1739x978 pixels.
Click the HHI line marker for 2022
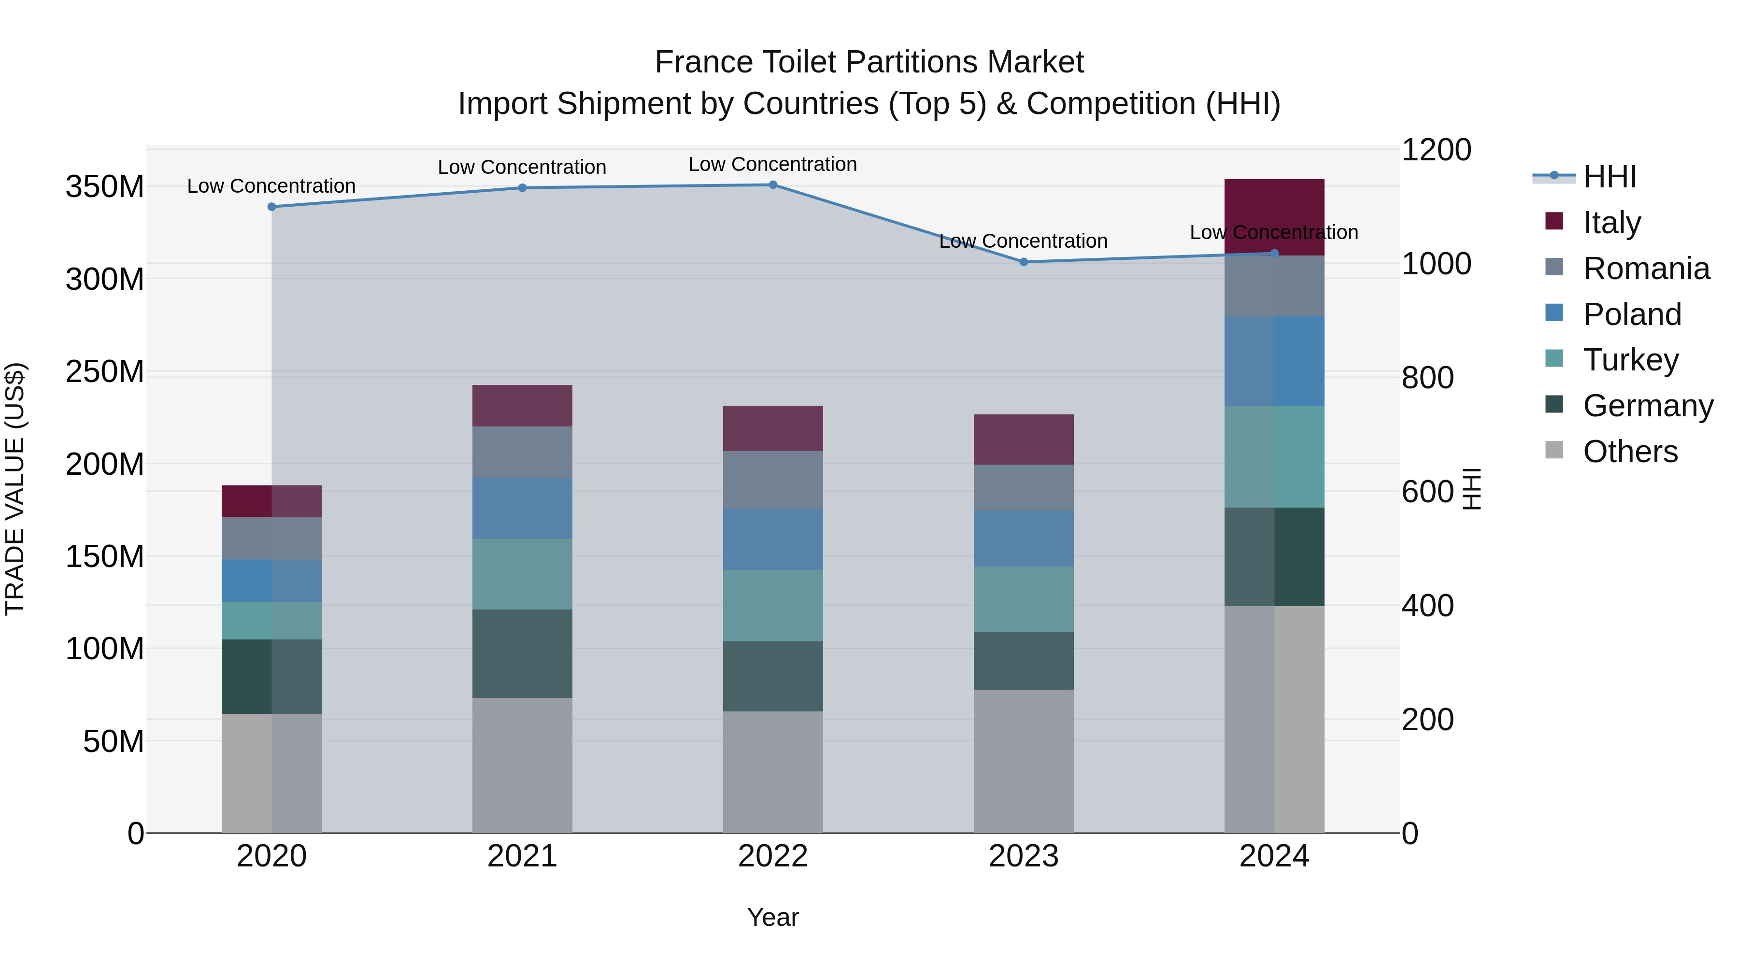click(773, 185)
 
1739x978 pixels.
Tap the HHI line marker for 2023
click(1024, 262)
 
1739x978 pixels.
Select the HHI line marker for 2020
click(271, 207)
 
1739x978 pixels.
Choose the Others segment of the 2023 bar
click(1024, 761)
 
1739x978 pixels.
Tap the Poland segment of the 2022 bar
click(773, 539)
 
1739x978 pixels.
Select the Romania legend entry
click(1646, 269)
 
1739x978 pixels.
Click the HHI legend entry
click(1610, 177)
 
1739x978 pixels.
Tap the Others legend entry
click(1630, 452)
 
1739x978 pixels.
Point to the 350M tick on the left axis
click(105, 187)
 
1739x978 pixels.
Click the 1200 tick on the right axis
click(1436, 150)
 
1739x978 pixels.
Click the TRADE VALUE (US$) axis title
click(15, 489)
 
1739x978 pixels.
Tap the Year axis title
click(773, 917)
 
